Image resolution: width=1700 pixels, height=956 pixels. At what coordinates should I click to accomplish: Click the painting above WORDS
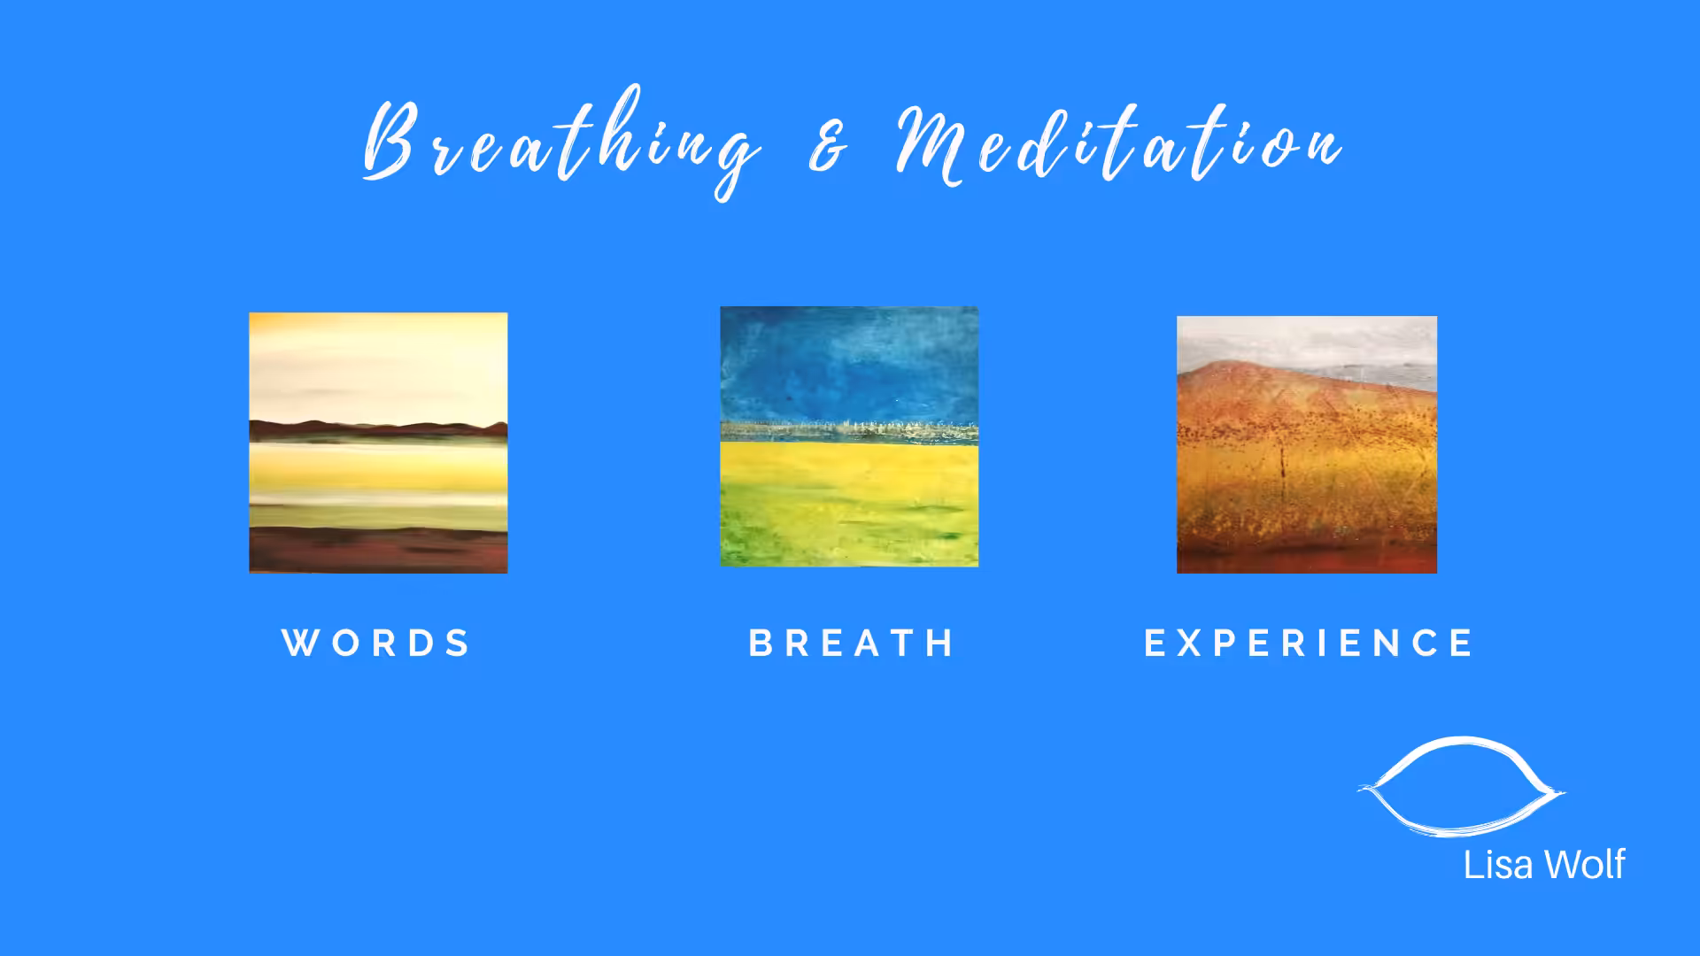coord(378,443)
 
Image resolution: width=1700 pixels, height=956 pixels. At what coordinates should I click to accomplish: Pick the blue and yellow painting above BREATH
coord(849,436)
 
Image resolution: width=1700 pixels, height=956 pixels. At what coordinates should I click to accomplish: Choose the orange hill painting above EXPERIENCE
coord(1307,444)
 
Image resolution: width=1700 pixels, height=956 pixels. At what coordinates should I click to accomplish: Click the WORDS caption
coord(376,643)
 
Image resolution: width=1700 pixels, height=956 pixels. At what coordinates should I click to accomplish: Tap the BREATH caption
coord(851,643)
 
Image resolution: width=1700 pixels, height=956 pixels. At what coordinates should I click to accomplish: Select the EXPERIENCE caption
coord(1309,643)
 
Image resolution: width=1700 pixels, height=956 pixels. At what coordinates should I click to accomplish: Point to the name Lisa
coord(1497,865)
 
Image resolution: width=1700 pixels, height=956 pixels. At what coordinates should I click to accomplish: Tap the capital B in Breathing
coord(390,140)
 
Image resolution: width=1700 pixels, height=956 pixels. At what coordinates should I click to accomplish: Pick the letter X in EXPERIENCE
coord(1189,643)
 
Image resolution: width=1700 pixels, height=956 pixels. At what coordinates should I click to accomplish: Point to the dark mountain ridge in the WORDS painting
coord(378,430)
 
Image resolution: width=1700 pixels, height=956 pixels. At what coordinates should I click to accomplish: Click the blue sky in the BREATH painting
coord(849,363)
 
